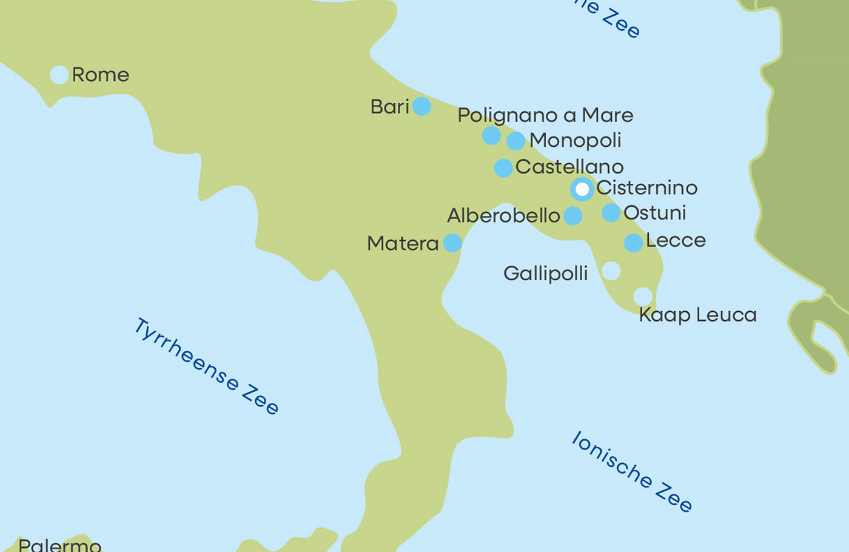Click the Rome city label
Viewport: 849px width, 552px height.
pos(101,75)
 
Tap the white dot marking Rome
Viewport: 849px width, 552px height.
pos(59,75)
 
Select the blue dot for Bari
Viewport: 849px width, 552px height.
pos(421,106)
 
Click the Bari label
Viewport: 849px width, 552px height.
pos(390,107)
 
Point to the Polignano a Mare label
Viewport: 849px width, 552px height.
pos(545,115)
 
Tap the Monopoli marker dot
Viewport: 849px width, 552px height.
pos(515,141)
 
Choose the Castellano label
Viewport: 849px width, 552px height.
pos(569,167)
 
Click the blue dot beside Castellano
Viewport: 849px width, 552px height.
pos(503,167)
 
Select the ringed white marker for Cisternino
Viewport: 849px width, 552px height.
pos(582,189)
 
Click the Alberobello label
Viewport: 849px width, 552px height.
pos(503,216)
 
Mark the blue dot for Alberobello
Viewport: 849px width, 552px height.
pos(572,215)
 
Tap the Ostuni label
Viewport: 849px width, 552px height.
pos(655,213)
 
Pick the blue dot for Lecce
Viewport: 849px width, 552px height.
pos(633,243)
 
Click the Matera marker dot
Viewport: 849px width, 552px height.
pos(452,243)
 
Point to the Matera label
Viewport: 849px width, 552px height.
pos(403,244)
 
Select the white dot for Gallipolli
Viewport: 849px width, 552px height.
pos(611,271)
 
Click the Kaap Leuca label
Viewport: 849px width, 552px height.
pos(698,315)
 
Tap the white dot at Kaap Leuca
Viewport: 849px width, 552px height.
pos(643,297)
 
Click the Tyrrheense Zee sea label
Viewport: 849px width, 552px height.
pos(206,366)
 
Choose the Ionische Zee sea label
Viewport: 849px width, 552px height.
pos(631,471)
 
